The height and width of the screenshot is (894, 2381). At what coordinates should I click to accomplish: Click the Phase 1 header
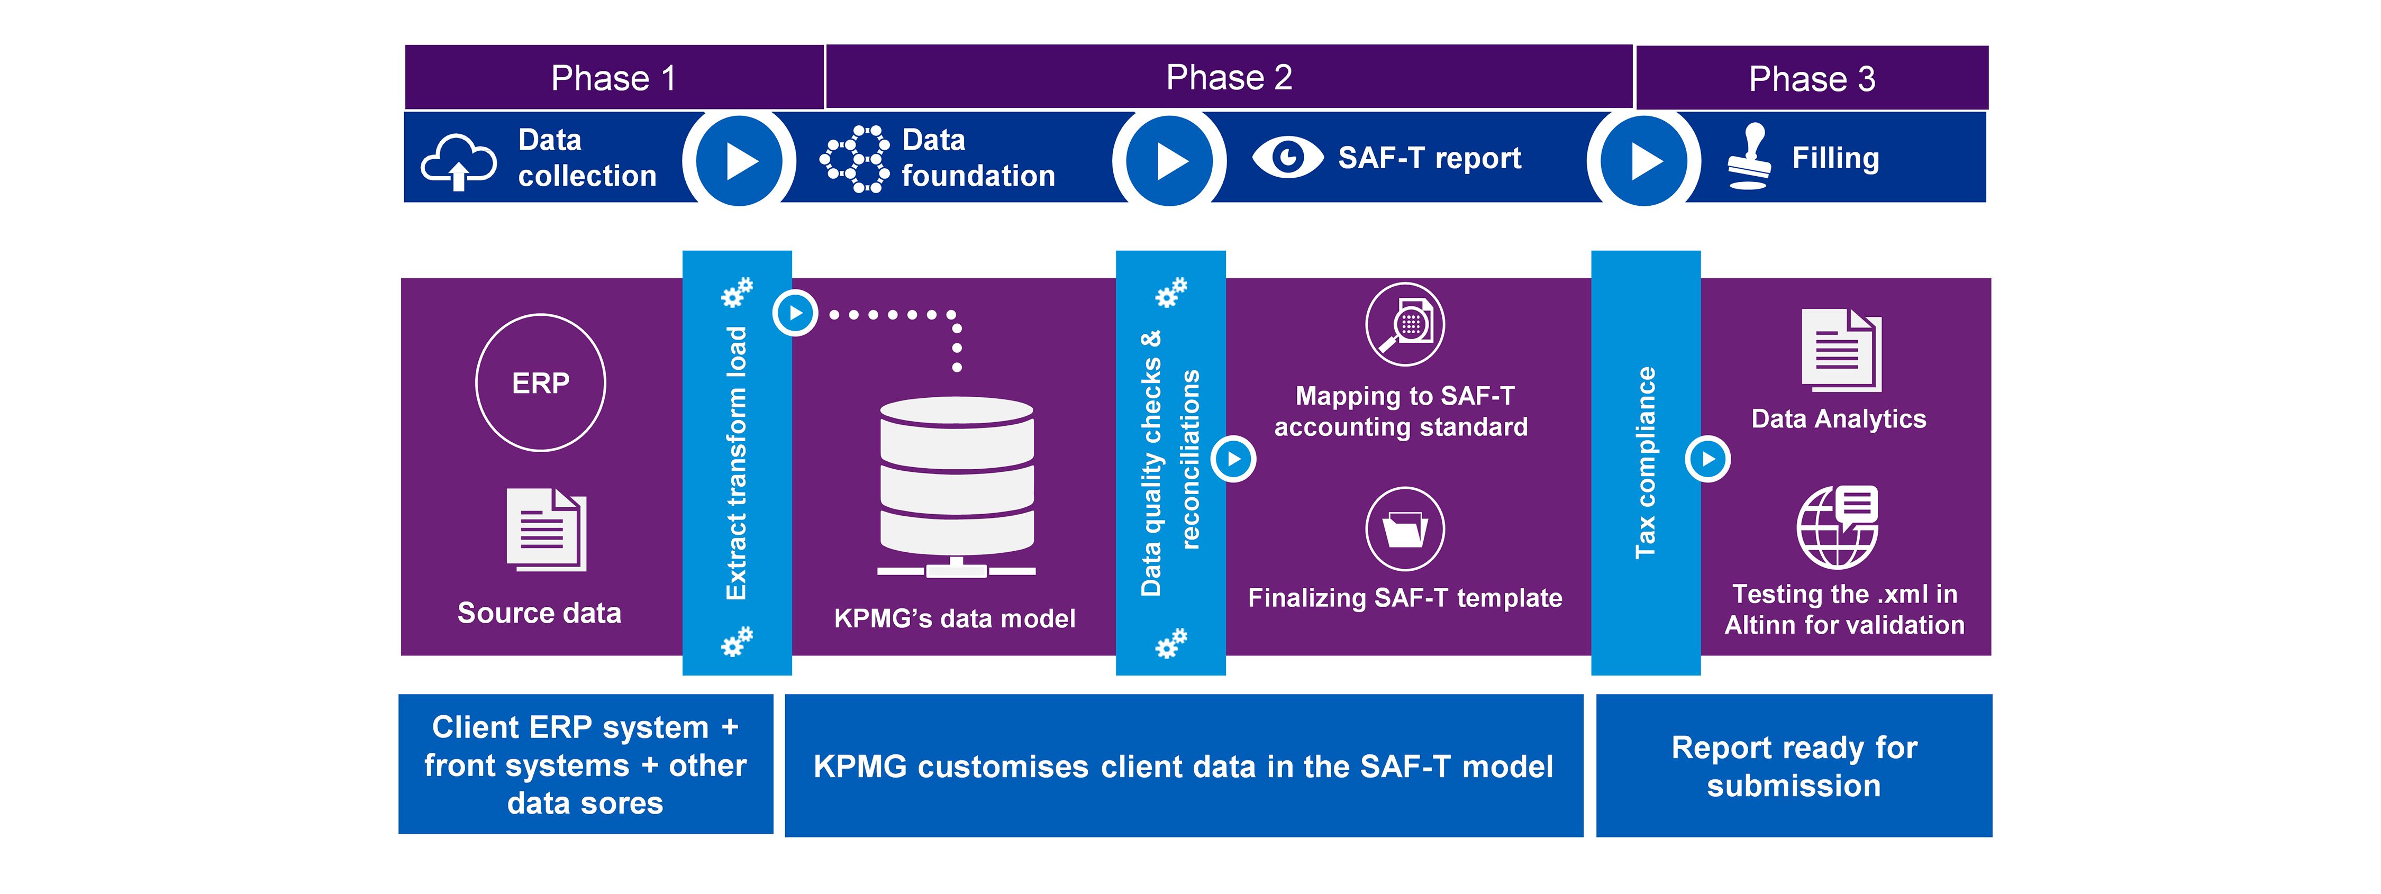point(614,78)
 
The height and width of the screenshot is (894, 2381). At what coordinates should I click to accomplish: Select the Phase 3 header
point(1812,79)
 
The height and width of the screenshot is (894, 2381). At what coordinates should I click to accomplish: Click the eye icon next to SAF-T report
point(1287,157)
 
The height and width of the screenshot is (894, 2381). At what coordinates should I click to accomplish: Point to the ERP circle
point(541,383)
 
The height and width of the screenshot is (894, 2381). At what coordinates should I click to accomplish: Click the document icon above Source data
point(546,529)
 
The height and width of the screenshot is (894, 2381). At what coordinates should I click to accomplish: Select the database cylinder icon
point(957,486)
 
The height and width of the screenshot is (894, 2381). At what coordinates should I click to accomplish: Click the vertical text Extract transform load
point(737,462)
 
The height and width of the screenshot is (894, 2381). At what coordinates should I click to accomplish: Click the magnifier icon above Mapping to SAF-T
point(1405,324)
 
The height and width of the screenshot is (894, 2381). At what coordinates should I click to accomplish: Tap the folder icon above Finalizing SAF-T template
point(1405,529)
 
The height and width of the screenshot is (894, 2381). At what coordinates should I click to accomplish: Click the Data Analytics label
point(1839,419)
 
